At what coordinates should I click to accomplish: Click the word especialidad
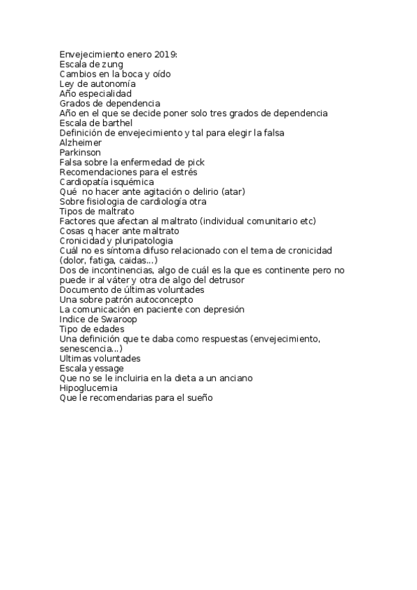click(x=106, y=93)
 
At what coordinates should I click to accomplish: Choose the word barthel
click(x=111, y=123)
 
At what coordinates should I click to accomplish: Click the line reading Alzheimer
click(x=81, y=143)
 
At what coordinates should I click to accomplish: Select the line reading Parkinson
click(x=80, y=152)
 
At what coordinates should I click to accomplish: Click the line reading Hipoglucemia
click(x=88, y=388)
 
